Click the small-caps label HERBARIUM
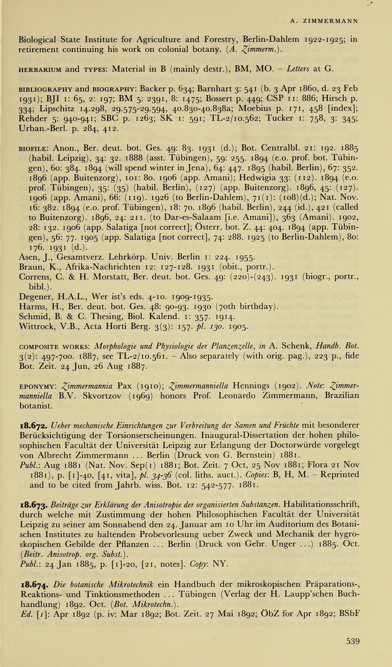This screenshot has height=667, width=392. point(40,70)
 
